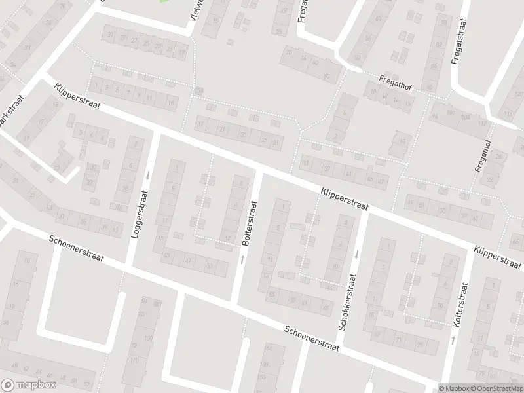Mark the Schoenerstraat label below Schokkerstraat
coord(312,339)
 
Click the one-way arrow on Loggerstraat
coord(149,175)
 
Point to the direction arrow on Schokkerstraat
coord(357,253)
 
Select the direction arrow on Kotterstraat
coord(453,340)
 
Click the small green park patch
coord(164,1)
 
